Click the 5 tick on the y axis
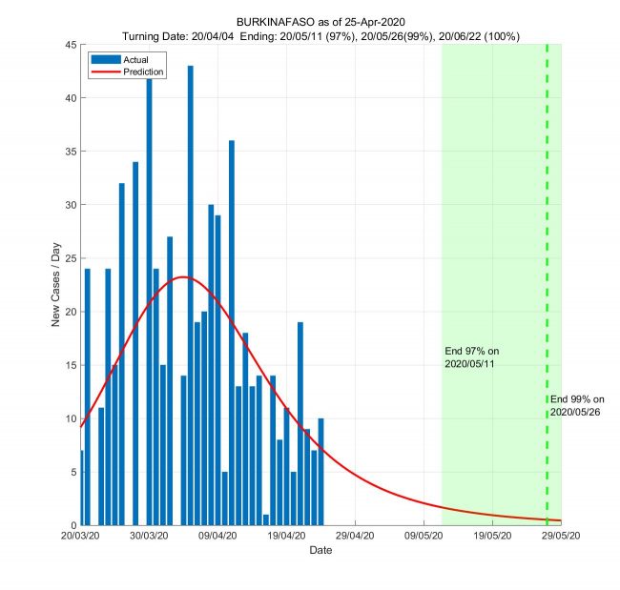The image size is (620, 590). coord(72,472)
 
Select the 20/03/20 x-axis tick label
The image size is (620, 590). coord(81,536)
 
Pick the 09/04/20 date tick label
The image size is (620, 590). coord(218,536)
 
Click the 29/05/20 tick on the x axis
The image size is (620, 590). coord(561,536)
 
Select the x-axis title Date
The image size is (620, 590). coord(320,551)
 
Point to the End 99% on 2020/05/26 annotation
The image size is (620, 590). coord(577,405)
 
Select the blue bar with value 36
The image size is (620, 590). coord(232,334)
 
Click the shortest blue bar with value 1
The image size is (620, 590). coord(266,519)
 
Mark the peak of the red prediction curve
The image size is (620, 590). coord(183,277)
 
